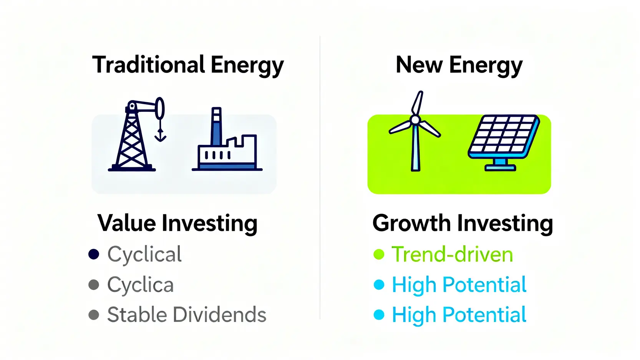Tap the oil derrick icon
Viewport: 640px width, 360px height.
click(137, 134)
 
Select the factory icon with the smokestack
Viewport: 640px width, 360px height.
click(227, 139)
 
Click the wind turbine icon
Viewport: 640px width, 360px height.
click(415, 131)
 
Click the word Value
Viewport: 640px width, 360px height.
click(126, 223)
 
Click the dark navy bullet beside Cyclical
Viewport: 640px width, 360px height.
click(94, 254)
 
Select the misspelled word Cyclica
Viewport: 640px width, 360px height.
click(140, 285)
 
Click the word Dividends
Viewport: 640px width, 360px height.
click(219, 315)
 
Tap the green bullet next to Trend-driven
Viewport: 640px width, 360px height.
click(379, 254)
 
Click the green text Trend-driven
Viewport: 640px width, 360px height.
click(452, 254)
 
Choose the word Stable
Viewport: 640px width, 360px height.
click(137, 315)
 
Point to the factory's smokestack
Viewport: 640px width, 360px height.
click(216, 126)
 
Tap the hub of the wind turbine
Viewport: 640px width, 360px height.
click(415, 120)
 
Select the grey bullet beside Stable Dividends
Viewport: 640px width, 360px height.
click(94, 315)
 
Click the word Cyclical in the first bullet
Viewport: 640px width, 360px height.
click(144, 254)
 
